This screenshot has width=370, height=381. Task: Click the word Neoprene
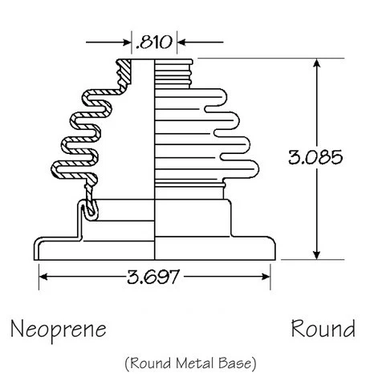58,329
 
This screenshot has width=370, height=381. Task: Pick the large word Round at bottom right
323,329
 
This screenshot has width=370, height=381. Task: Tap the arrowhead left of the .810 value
125,40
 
